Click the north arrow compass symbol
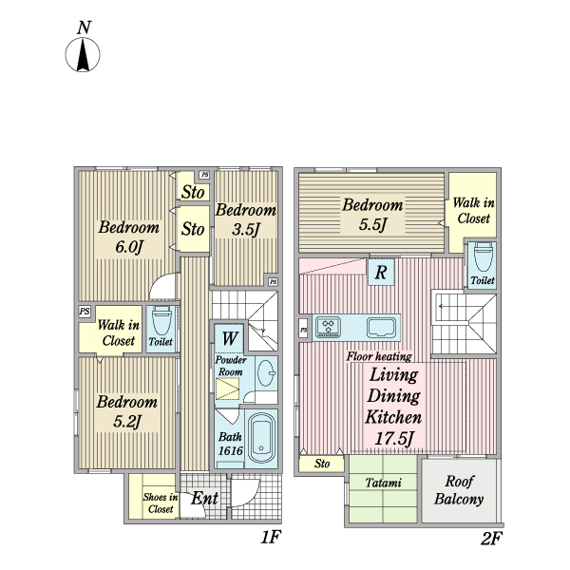(x=83, y=54)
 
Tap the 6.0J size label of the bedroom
(x=129, y=248)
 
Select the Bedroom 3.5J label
(x=246, y=219)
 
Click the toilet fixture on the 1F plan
(x=161, y=321)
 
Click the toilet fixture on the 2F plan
(x=484, y=257)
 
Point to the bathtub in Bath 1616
(x=261, y=437)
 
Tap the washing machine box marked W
(x=230, y=338)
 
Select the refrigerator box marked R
(x=381, y=272)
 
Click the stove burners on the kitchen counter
(x=329, y=327)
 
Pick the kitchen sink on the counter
(x=381, y=327)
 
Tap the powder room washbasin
(x=266, y=373)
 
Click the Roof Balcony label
(x=459, y=490)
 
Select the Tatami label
(x=384, y=483)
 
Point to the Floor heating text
(x=379, y=356)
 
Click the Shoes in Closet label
(x=161, y=503)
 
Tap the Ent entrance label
(x=204, y=498)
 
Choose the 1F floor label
(x=271, y=537)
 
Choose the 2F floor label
(x=491, y=538)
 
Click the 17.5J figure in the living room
(x=393, y=438)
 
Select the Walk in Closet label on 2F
(x=474, y=211)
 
